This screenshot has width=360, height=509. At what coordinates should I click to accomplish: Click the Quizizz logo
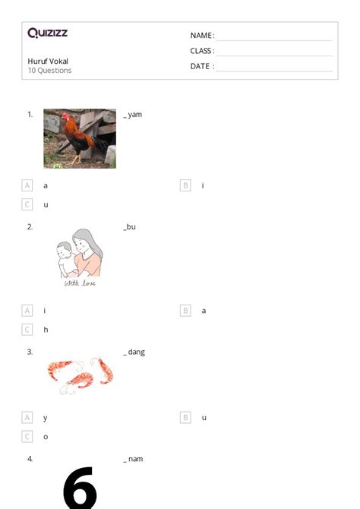click(x=48, y=33)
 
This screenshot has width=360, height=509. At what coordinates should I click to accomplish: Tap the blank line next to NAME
click(x=275, y=40)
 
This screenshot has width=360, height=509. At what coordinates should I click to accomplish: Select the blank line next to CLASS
click(x=275, y=55)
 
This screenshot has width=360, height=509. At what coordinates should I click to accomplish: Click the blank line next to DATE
click(x=275, y=71)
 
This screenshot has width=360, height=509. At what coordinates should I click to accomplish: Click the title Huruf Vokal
click(x=48, y=61)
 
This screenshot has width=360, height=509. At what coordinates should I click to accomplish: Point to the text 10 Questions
click(x=49, y=71)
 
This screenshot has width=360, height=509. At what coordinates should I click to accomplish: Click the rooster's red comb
click(x=65, y=115)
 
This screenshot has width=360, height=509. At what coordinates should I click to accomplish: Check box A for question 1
click(x=27, y=185)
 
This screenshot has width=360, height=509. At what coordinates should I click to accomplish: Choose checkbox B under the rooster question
click(x=185, y=185)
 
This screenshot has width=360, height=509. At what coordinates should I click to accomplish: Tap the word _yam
click(x=132, y=115)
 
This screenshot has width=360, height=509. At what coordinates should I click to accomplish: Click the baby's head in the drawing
click(x=64, y=249)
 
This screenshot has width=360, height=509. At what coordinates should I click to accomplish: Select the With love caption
click(x=80, y=283)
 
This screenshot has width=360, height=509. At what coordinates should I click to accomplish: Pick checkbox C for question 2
click(x=27, y=330)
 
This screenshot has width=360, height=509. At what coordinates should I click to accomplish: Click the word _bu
click(x=130, y=227)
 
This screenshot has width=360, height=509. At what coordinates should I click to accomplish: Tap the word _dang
click(x=134, y=353)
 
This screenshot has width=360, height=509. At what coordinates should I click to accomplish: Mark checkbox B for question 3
click(x=185, y=418)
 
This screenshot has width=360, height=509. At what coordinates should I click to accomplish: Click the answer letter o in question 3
click(x=46, y=437)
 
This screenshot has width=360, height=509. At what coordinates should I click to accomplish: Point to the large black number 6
click(x=80, y=487)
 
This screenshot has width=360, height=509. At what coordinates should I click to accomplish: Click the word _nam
click(x=133, y=459)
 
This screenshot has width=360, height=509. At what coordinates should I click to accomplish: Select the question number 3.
click(x=30, y=352)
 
